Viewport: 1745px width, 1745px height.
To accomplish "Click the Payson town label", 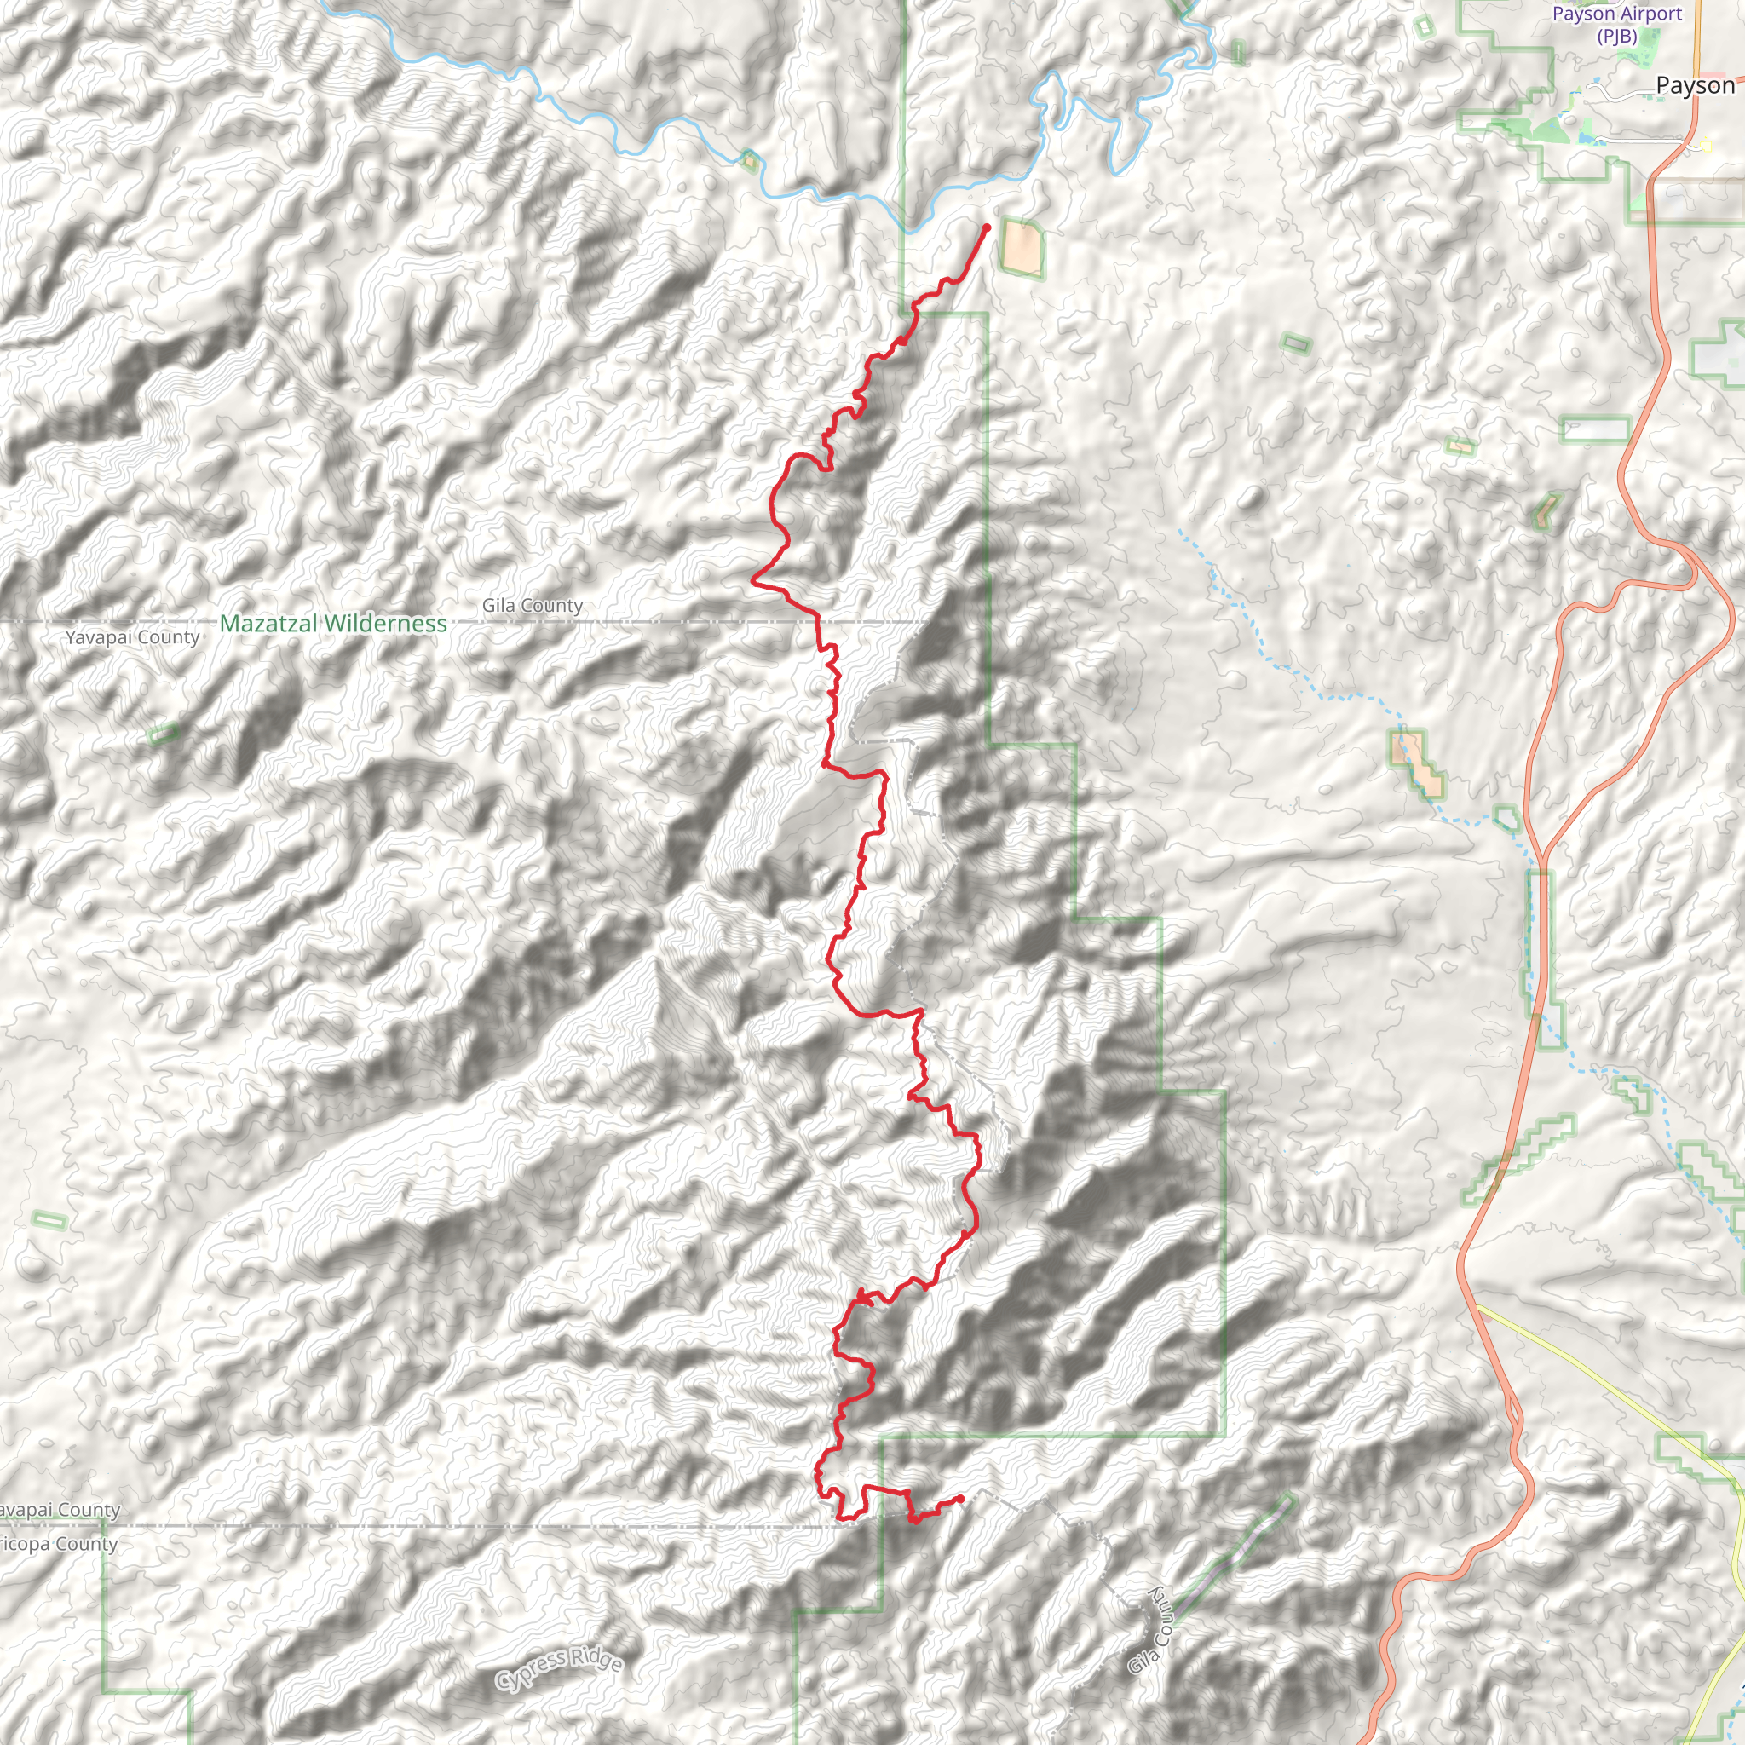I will (1695, 86).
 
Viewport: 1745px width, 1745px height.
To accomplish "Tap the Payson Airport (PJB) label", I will (1616, 25).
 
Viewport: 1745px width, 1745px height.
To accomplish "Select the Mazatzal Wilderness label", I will (332, 623).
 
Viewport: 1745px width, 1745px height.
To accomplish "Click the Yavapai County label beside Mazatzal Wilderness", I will (132, 636).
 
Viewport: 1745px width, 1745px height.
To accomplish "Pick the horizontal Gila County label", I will (532, 605).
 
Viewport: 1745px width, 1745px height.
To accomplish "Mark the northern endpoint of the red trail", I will (987, 227).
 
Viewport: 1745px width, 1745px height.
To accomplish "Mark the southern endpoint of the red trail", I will (960, 1499).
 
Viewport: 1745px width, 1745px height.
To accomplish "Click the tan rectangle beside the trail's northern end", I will (1022, 246).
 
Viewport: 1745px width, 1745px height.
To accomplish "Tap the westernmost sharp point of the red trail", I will (752, 582).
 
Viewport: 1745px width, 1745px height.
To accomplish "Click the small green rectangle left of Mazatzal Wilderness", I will (164, 734).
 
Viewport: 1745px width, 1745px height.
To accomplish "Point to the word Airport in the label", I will (1650, 14).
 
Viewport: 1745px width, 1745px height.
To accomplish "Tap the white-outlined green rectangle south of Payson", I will (1595, 429).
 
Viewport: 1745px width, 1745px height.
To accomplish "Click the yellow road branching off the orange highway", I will (1608, 1391).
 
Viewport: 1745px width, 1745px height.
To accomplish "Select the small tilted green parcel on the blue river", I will (749, 161).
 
